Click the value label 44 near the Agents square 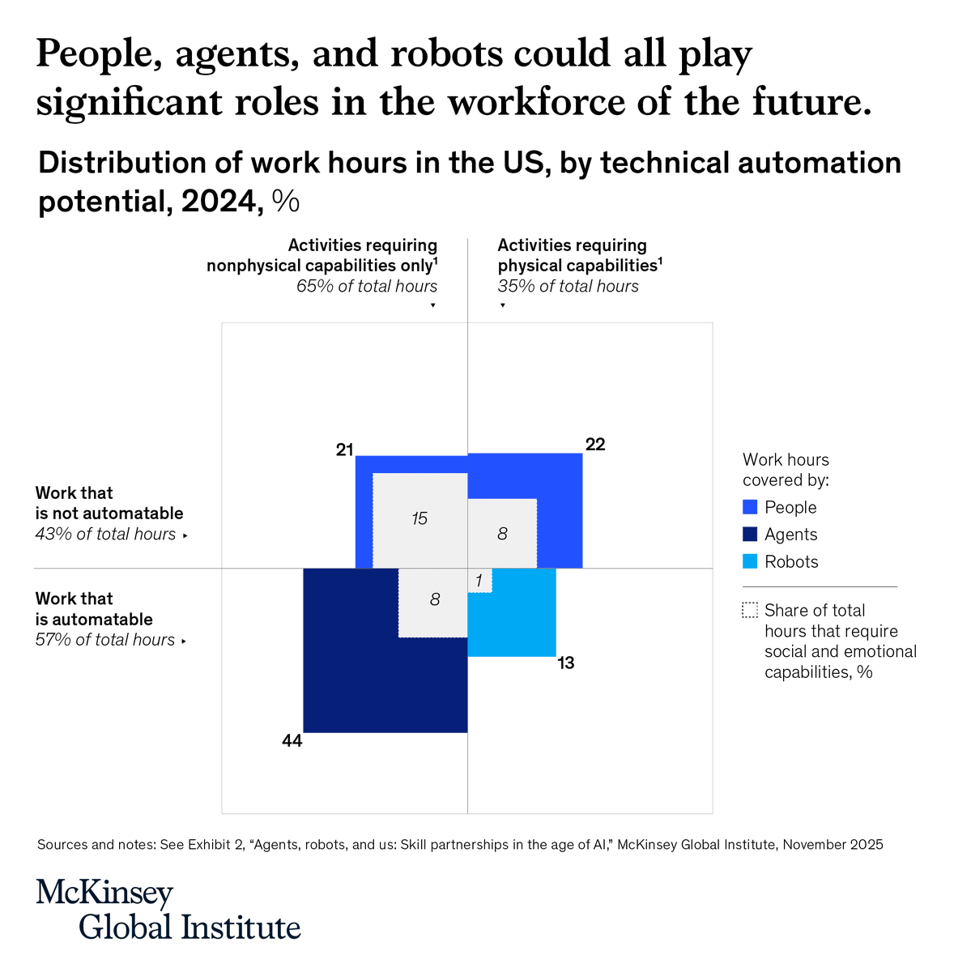[x=292, y=740]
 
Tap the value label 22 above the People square [x=595, y=445]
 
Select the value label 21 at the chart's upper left [x=345, y=450]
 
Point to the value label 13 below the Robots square [x=565, y=663]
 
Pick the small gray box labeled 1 [x=479, y=581]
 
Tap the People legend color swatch [x=750, y=507]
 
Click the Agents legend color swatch [x=750, y=535]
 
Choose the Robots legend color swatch [x=750, y=562]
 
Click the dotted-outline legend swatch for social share [x=750, y=611]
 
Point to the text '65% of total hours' [x=367, y=286]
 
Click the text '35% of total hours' [x=568, y=286]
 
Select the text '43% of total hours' [x=105, y=534]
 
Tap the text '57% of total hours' [x=105, y=640]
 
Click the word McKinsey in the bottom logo [x=104, y=893]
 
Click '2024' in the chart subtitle [x=218, y=202]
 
